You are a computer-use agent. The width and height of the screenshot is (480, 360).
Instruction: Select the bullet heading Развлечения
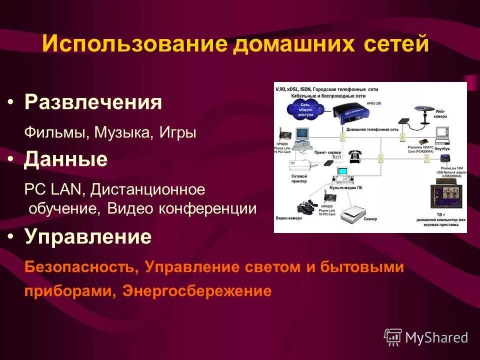pos(93,103)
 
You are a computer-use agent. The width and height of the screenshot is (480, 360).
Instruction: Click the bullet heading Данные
pos(66,159)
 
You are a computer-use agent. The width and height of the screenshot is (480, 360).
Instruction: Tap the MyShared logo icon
pos(392,337)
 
